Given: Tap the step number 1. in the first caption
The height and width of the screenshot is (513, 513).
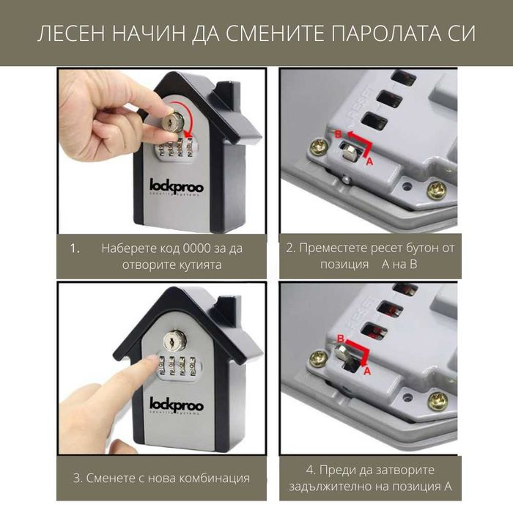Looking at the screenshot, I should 75,248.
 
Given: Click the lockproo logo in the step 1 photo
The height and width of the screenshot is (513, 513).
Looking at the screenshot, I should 177,186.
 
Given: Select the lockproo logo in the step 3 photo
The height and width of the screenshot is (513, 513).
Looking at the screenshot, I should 177,403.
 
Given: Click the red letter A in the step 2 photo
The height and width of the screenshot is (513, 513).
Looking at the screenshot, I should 369,160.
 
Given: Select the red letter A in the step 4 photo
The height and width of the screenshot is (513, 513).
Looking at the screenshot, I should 368,371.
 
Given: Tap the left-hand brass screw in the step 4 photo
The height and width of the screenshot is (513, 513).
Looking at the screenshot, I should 318,359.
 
